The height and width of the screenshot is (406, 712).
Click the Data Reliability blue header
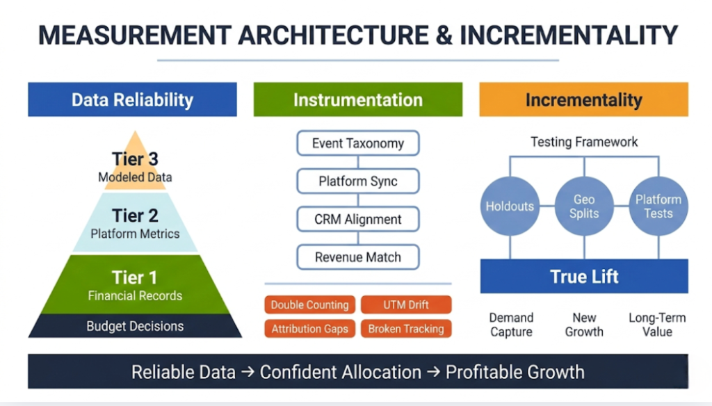pos(132,99)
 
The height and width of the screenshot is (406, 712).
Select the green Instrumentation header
pos(357,99)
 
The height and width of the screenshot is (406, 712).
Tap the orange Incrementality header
pos(583,99)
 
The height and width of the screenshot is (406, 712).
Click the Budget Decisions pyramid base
pos(135,326)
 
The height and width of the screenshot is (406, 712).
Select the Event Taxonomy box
pos(357,143)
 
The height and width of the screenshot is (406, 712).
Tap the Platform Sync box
pos(357,181)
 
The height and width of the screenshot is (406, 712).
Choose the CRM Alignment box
pos(357,219)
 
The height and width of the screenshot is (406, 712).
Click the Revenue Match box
pos(357,257)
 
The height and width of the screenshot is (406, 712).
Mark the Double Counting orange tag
pos(310,304)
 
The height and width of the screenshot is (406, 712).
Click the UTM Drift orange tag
pos(406,304)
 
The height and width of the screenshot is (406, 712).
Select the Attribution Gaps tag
pos(310,329)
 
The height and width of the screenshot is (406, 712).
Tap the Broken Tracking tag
pos(406,329)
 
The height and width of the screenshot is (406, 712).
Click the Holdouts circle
pos(510,206)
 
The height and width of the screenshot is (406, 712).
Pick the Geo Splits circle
pos(583,206)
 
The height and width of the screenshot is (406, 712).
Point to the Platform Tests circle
pos(658,206)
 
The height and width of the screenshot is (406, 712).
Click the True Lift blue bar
pos(583,276)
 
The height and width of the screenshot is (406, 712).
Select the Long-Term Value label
pos(657,325)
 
